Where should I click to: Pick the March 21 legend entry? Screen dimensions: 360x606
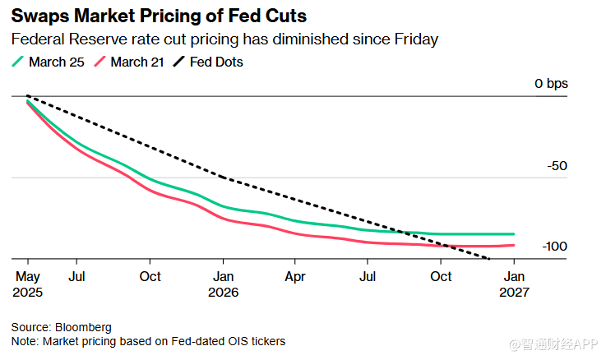coord(132,62)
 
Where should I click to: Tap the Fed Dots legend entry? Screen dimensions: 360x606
coord(215,62)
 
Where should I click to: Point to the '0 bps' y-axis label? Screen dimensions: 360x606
coord(551,84)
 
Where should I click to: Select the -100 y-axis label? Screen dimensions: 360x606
coord(553,247)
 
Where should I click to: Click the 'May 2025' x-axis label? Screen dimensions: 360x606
coord(28,284)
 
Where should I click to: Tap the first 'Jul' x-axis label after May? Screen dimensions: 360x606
coord(76,277)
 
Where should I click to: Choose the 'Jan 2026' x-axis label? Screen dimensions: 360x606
coord(223,284)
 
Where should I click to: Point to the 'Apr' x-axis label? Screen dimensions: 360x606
coord(295,277)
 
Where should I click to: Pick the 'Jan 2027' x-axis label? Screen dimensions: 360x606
coord(514,284)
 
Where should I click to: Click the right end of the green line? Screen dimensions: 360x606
coord(514,234)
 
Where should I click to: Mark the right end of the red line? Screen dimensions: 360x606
coord(514,245)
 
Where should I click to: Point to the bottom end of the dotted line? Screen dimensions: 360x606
coord(489,259)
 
